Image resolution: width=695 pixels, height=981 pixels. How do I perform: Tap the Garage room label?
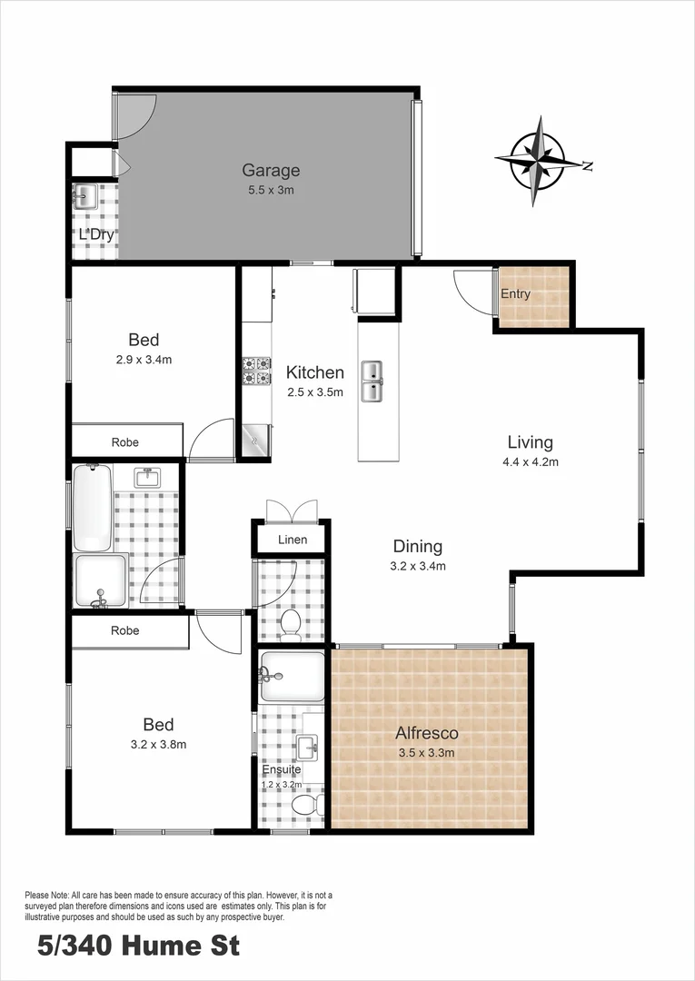point(270,170)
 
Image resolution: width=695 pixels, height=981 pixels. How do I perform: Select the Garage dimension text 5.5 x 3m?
point(270,190)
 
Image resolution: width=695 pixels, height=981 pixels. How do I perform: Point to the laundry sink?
point(86,196)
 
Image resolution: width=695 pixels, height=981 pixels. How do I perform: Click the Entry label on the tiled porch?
point(516,294)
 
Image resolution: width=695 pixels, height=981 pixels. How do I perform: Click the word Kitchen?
point(314,372)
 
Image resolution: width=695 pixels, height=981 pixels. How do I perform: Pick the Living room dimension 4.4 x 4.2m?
point(531,461)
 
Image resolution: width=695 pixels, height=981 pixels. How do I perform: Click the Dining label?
point(417,547)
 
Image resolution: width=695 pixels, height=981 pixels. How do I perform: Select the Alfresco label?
point(426,733)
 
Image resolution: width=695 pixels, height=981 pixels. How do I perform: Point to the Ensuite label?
point(281,769)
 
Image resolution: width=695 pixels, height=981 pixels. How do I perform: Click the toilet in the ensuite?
point(304,806)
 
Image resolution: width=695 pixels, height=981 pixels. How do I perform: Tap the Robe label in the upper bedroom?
point(125,442)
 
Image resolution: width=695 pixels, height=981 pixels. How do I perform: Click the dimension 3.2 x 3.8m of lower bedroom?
point(158,745)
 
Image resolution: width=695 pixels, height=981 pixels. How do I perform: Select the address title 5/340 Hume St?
point(138,946)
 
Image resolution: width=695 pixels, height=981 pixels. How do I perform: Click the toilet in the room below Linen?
point(291,623)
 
